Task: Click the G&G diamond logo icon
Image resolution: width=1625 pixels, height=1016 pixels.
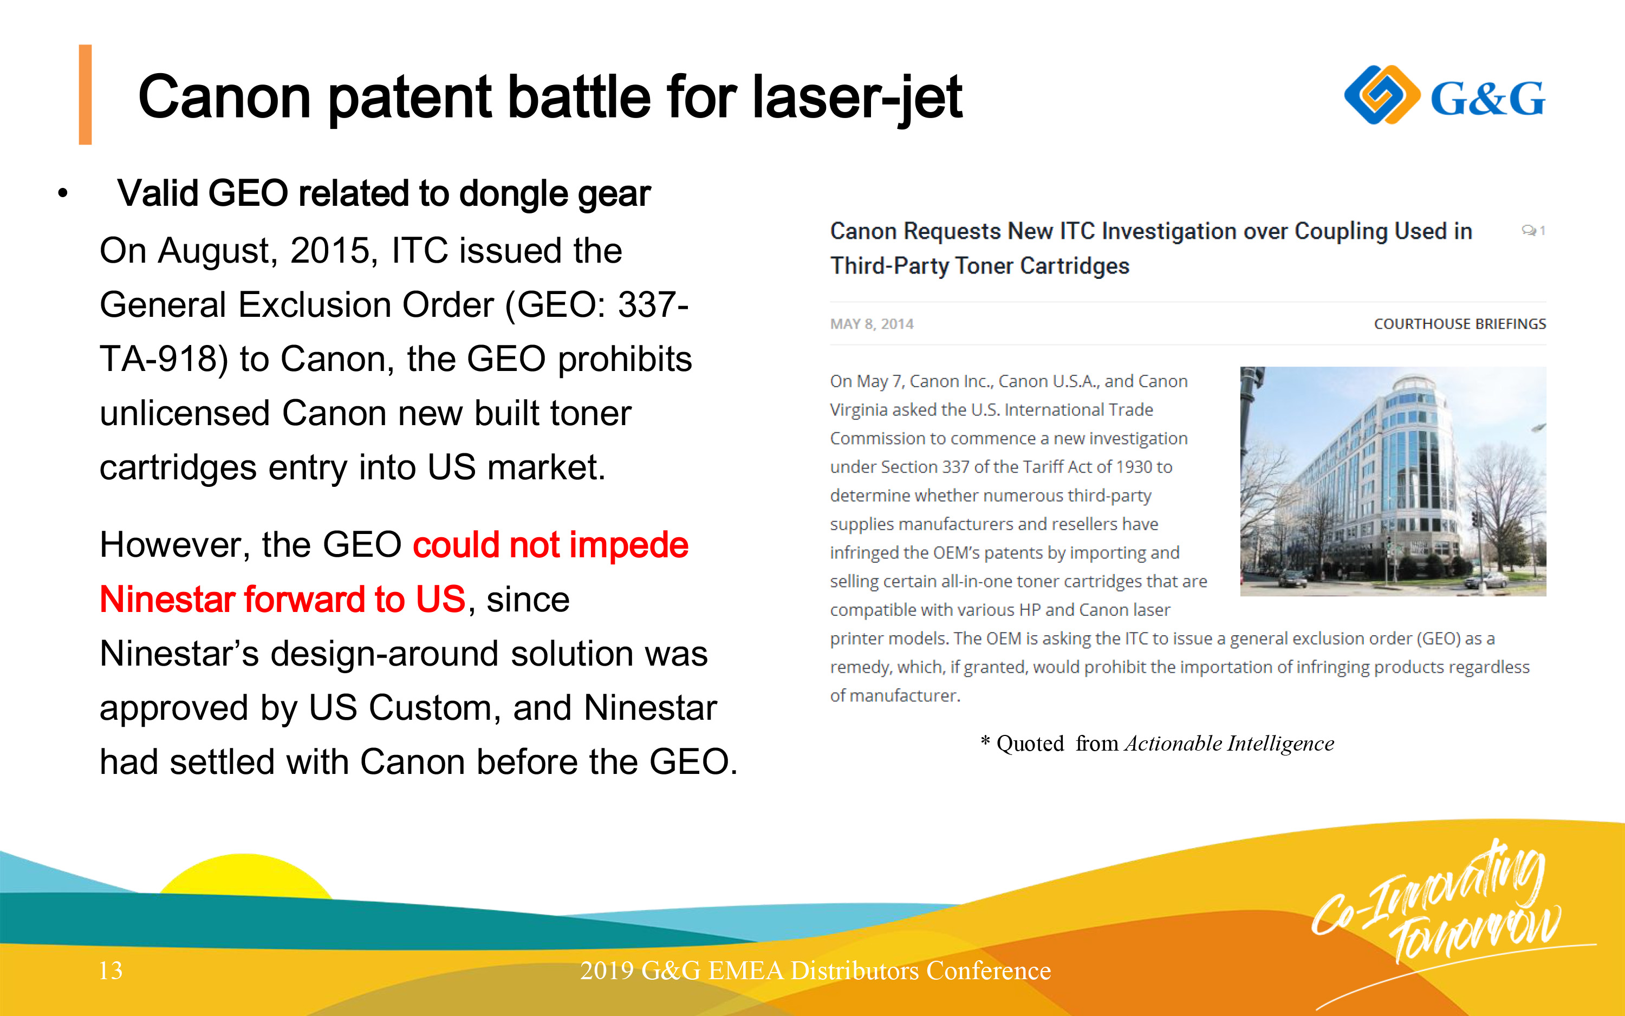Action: coord(1382,95)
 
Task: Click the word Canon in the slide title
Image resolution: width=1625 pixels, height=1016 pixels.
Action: coord(224,97)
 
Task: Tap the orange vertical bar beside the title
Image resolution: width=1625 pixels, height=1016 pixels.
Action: coord(86,94)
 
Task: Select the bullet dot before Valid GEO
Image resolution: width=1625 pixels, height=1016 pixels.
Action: coord(63,193)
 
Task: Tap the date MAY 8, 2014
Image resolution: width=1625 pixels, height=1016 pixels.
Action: coord(872,324)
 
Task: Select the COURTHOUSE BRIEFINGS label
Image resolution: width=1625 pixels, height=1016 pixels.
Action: coord(1460,324)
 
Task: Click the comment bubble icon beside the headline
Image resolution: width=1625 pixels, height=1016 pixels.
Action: coord(1529,231)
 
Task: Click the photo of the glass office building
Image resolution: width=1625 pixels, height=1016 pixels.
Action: coord(1393,481)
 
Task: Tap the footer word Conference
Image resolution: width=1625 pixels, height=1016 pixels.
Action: coord(989,971)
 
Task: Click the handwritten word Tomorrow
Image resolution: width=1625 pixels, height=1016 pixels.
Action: coord(1475,930)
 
